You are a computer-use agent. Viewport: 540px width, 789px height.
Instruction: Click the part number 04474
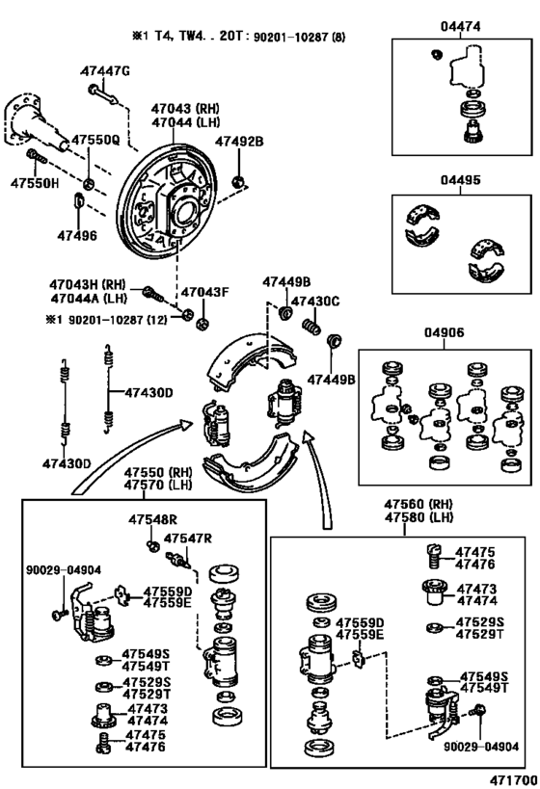[x=460, y=26]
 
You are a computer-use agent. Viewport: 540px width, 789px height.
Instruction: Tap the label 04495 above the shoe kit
[x=460, y=179]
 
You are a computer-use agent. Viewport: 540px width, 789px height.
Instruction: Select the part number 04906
[x=444, y=332]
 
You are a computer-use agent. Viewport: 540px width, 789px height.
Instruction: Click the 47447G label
[x=105, y=71]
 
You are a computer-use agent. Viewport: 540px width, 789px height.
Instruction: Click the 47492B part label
[x=239, y=142]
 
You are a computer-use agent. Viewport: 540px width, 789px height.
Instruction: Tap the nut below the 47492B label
[x=238, y=181]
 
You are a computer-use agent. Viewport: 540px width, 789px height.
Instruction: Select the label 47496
[x=77, y=235]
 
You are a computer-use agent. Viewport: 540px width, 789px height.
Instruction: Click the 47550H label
[x=35, y=183]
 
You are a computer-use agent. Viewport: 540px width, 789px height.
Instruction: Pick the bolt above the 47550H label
[x=37, y=156]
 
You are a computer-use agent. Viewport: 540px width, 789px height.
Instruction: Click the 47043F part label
[x=205, y=292]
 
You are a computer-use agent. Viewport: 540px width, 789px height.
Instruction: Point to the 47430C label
[x=315, y=302]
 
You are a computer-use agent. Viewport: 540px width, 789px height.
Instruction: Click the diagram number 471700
[x=513, y=780]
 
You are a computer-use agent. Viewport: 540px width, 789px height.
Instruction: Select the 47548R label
[x=152, y=520]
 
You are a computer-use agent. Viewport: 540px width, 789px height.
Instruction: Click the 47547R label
[x=188, y=539]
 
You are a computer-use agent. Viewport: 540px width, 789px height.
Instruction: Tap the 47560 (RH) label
[x=418, y=504]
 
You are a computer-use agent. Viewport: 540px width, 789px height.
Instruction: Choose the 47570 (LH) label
[x=159, y=486]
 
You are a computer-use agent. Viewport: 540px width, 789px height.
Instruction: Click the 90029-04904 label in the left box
[x=64, y=570]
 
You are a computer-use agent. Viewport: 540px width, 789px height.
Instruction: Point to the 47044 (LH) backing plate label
[x=186, y=122]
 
